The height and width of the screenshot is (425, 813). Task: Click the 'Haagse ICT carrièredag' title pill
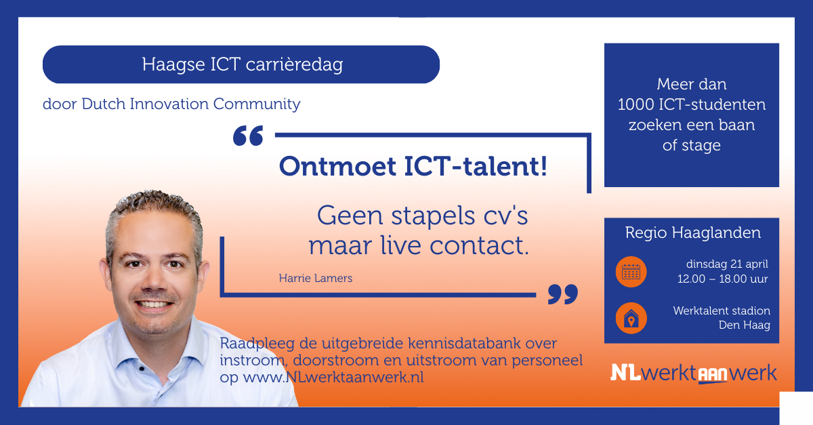coord(241,65)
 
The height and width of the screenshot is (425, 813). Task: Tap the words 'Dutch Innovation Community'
coord(191,104)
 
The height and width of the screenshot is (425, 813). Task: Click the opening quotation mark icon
coord(247,136)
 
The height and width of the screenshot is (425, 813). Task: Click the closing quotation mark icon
coord(562,294)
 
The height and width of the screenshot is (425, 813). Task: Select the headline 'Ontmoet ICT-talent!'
coord(413,166)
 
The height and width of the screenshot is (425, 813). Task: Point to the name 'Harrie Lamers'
coord(315,279)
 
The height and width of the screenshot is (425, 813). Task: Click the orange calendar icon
coord(631,272)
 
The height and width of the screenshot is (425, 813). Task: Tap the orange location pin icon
coord(631,318)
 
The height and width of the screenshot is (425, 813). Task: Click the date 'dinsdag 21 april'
coord(726,264)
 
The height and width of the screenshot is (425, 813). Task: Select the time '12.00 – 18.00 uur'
coord(722,279)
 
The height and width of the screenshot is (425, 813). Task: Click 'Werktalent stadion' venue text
coord(722,310)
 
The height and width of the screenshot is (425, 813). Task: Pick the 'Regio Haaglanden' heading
coord(692,233)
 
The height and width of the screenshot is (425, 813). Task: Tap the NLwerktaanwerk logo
coord(693,373)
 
